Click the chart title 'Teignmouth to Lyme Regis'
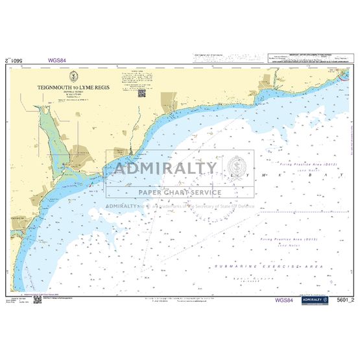click(75, 85)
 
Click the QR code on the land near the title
click(142, 92)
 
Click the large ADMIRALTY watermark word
click(165, 169)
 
